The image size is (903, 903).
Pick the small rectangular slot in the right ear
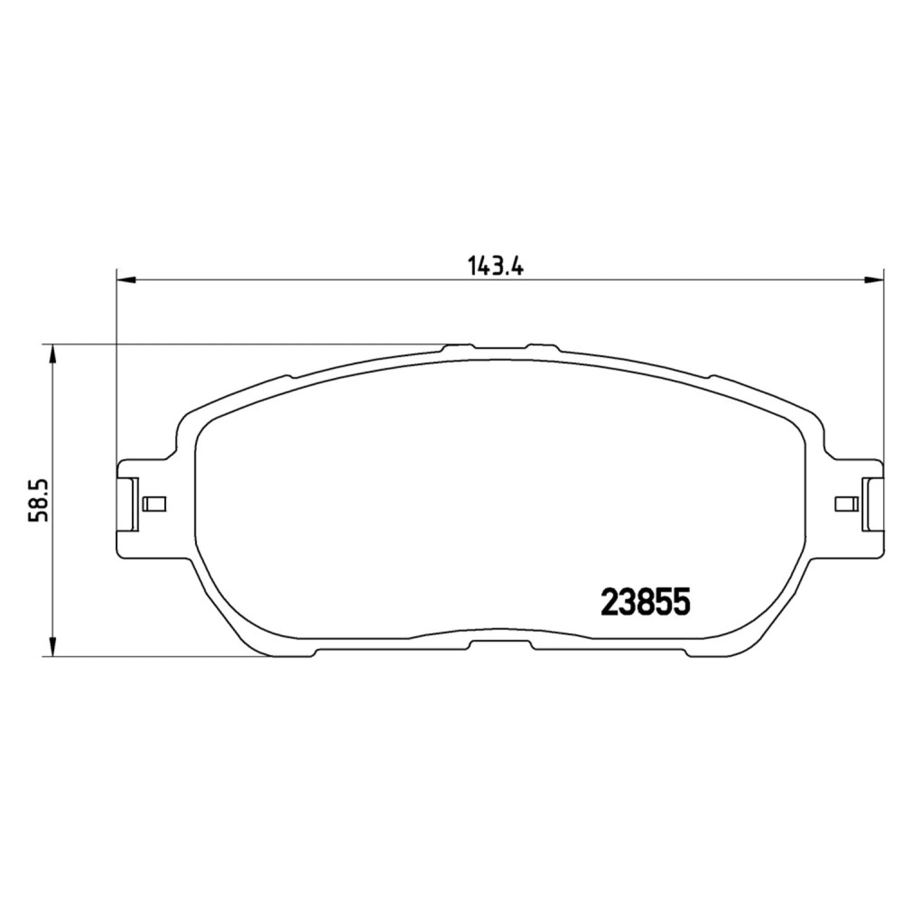(847, 504)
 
